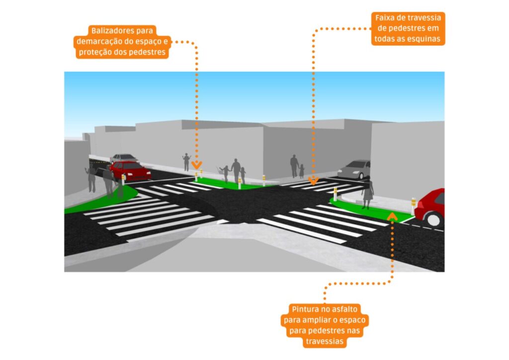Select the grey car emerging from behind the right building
tap(354, 170)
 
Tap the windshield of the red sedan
tap(122, 166)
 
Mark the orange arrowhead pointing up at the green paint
tap(392, 215)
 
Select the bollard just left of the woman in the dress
tap(335, 193)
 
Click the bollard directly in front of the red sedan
tap(123, 180)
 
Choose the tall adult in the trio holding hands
tap(236, 170)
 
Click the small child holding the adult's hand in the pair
tap(302, 171)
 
